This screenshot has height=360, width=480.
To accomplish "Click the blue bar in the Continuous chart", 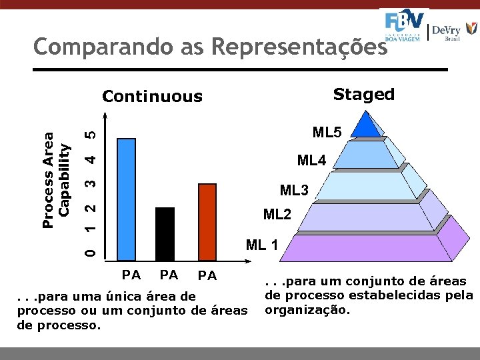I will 126,198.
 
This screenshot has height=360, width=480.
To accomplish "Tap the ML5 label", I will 327,133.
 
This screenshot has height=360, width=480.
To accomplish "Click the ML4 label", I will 311,161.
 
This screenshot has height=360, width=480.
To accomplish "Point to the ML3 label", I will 294,191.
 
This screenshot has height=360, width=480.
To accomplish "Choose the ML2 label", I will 277,215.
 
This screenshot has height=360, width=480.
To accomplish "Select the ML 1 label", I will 262,245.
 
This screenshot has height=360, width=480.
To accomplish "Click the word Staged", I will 363,95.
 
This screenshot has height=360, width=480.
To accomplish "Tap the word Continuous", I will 152,97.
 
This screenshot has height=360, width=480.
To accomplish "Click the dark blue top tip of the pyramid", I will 365,124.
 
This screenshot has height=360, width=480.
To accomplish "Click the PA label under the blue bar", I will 131,274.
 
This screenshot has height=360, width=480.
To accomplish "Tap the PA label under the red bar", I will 207,275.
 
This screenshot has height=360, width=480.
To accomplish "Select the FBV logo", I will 404,25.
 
